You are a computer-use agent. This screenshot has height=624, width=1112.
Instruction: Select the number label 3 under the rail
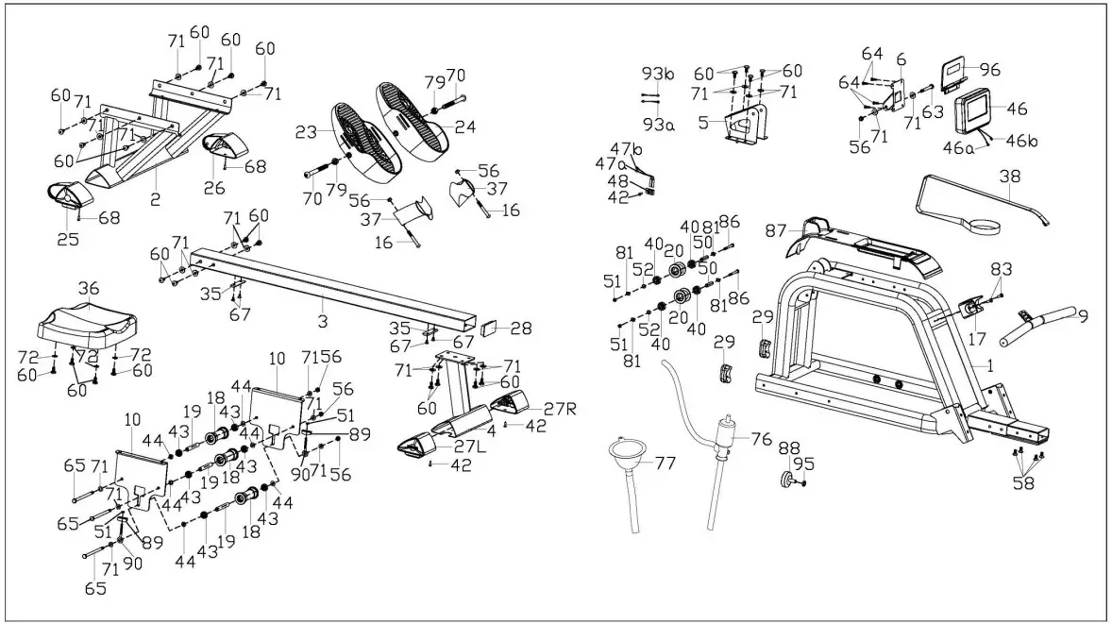tap(323, 303)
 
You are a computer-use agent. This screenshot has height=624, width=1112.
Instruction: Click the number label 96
tap(989, 69)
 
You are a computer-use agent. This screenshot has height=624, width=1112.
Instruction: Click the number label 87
tap(777, 231)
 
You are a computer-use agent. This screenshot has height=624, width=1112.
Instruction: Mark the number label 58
tap(1023, 483)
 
